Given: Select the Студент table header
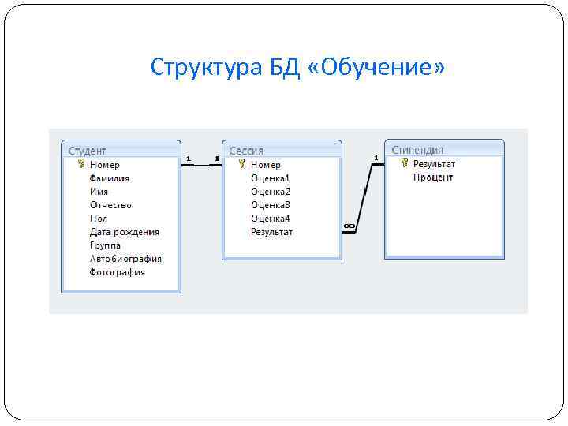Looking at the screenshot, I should (x=88, y=151).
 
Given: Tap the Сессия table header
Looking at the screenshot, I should (x=246, y=151).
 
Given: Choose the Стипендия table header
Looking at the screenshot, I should (x=417, y=150).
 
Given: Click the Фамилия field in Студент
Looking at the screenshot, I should (x=109, y=178).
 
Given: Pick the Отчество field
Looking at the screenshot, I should (x=110, y=205).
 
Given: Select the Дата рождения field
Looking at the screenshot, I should (x=124, y=232).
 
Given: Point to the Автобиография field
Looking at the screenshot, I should (x=125, y=259).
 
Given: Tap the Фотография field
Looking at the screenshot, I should (x=118, y=272).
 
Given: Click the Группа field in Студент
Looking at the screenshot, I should (x=105, y=245).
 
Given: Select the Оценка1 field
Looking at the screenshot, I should (x=271, y=178).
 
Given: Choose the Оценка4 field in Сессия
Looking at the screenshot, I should (x=271, y=219).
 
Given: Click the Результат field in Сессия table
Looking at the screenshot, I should (x=271, y=232).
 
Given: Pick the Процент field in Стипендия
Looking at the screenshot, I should (x=433, y=177).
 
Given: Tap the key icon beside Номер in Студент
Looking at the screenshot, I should (x=80, y=164).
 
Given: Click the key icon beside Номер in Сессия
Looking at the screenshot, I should (x=241, y=164).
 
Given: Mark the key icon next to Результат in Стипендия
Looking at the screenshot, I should (x=404, y=163).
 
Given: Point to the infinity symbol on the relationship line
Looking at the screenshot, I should (x=349, y=226).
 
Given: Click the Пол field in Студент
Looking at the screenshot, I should (x=99, y=219).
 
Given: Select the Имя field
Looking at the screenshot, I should (x=99, y=192).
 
